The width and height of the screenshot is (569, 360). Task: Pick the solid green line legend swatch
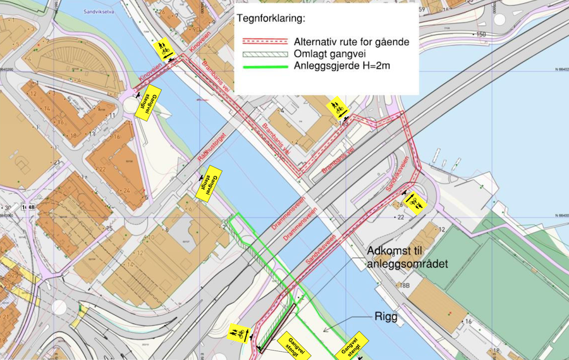click(x=264, y=66)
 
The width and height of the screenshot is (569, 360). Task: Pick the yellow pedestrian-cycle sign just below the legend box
click(x=337, y=108)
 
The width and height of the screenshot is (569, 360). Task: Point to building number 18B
click(x=403, y=286)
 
